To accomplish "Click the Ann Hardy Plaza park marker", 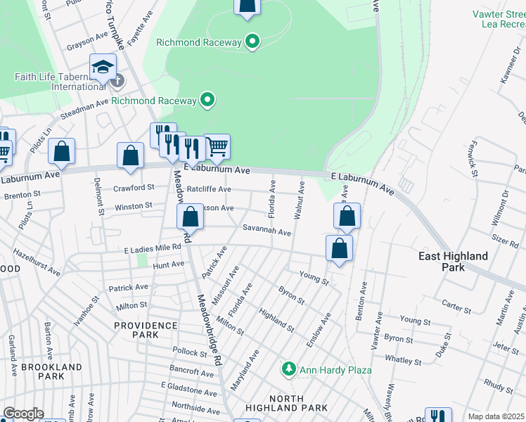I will pyautogui.click(x=288, y=369).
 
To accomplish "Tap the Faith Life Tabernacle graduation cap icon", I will pyautogui.click(x=103, y=68).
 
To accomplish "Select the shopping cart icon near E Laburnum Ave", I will pyautogui.click(x=217, y=146).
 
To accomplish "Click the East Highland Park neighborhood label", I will pyautogui.click(x=454, y=262).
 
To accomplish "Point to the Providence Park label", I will pyautogui.click(x=146, y=331).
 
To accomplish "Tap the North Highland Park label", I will pyautogui.click(x=286, y=402).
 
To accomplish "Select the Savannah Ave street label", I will pyautogui.click(x=267, y=231).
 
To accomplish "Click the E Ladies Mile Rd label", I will pyautogui.click(x=153, y=250).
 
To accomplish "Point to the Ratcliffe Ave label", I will pyautogui.click(x=209, y=189).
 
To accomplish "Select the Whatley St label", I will pyautogui.click(x=403, y=362).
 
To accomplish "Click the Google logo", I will pyautogui.click(x=23, y=414).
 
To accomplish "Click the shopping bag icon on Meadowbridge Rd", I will pyautogui.click(x=190, y=216).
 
